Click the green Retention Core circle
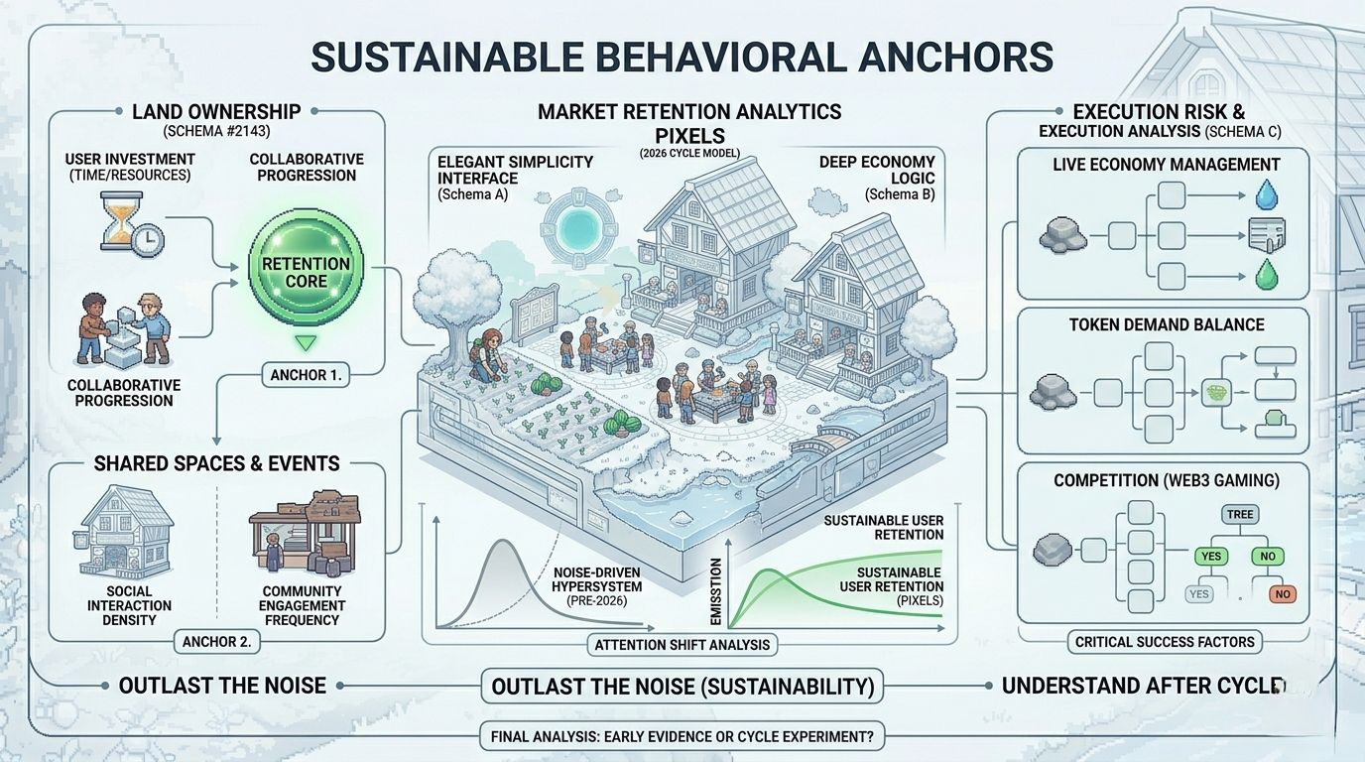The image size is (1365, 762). point(305,272)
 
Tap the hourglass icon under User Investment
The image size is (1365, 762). point(117,219)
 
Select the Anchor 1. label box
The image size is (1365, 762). point(305,375)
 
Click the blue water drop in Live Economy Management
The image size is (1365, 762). point(1266,193)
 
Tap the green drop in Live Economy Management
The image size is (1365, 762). point(1266,274)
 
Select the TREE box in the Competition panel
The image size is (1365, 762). point(1240,514)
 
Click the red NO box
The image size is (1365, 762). point(1283,594)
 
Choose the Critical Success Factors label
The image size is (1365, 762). point(1165,642)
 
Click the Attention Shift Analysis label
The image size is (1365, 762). point(682,645)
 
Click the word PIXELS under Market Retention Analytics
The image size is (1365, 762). point(689,135)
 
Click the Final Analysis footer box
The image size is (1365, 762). point(682,737)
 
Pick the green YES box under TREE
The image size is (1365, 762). point(1210,557)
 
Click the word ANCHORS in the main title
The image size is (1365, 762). point(953,57)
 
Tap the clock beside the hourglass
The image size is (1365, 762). point(149,239)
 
